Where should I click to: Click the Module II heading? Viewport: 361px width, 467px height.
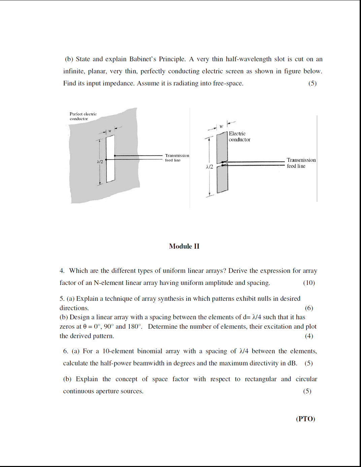tap(184, 246)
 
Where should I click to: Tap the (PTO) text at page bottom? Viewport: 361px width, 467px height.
tap(305, 419)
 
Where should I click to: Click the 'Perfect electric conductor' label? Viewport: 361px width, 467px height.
tap(83, 116)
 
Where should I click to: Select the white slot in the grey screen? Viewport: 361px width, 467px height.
tap(110, 159)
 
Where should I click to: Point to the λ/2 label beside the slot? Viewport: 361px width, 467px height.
tap(100, 162)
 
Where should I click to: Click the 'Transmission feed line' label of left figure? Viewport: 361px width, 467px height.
tap(177, 158)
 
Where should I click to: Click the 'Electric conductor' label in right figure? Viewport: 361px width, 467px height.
tap(239, 137)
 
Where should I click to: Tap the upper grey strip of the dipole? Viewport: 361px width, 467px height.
tap(222, 147)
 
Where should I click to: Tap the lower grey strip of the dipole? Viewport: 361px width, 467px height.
tap(222, 179)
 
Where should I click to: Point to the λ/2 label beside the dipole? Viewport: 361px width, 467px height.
tap(209, 167)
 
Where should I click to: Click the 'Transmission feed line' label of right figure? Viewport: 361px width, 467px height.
tap(301, 163)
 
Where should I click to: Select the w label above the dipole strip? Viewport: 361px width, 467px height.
tap(221, 127)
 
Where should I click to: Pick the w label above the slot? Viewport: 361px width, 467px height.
tap(110, 131)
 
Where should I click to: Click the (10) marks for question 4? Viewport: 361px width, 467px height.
tap(309, 283)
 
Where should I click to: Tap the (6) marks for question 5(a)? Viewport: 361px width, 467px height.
tap(309, 308)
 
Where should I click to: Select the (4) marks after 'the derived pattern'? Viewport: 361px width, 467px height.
tap(309, 336)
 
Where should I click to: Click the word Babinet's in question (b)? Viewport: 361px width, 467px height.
tap(142, 59)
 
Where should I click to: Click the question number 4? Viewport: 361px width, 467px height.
tap(62, 271)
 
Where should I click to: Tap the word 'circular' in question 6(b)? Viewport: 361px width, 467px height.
tap(306, 379)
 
